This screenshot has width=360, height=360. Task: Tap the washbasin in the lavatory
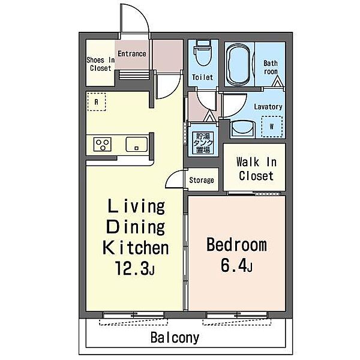pos(243,128)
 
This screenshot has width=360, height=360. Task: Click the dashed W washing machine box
pos(272,127)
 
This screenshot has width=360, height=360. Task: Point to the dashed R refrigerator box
pos(96,102)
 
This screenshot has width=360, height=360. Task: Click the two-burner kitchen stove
pos(103,145)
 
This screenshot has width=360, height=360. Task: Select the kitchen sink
pos(135,145)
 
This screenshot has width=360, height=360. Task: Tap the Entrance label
pos(131,54)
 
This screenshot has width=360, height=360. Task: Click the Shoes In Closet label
pos(100,64)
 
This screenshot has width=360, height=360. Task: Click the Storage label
pos(201,180)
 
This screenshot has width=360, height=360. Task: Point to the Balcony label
pos(175,337)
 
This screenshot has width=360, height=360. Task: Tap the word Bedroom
pos(236,245)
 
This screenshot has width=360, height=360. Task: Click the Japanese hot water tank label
pos(200,143)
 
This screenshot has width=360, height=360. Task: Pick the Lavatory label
pos(268,107)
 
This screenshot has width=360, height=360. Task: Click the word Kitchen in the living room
pos(135,247)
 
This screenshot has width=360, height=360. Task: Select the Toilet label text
pos(202,77)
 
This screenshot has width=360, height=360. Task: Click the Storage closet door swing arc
pos(175,178)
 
